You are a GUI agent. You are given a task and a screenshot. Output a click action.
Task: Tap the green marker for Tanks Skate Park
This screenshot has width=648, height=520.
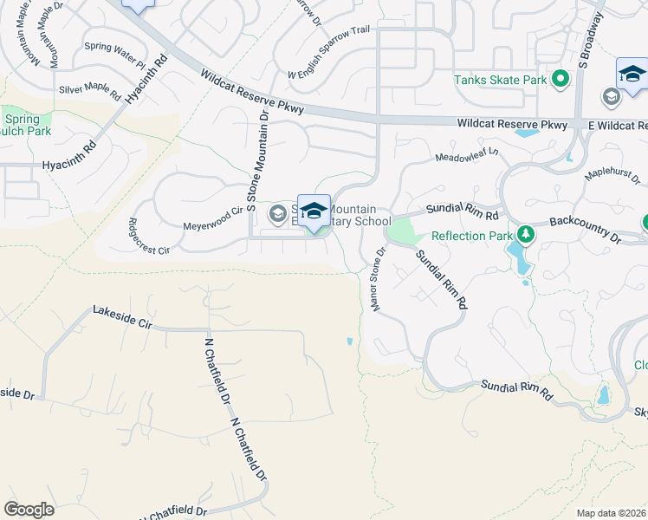561,81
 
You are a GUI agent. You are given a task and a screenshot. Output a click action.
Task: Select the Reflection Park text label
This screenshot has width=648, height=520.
470,235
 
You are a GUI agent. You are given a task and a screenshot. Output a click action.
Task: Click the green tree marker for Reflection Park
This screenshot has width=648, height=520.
524,235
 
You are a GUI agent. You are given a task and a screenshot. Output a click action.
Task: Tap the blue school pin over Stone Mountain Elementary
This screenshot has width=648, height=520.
314,211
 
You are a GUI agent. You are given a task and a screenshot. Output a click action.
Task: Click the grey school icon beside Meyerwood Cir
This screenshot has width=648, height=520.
277,213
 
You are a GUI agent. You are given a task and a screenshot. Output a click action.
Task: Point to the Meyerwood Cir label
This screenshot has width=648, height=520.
212,218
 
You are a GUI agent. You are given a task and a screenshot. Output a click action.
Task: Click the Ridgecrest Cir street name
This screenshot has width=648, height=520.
149,235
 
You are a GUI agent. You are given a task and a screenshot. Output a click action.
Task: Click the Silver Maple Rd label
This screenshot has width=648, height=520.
90,88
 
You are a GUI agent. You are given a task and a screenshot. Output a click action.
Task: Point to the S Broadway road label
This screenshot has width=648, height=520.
592,38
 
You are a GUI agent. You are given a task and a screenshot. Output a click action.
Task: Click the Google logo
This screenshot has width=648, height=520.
29,509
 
